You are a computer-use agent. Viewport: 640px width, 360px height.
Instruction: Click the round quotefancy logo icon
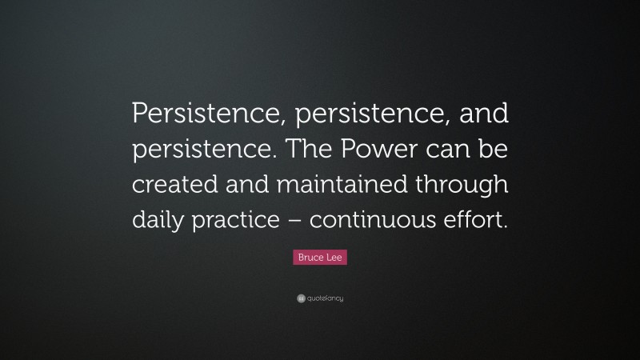click(300, 298)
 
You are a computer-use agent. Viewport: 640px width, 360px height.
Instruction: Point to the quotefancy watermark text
click(325, 298)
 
